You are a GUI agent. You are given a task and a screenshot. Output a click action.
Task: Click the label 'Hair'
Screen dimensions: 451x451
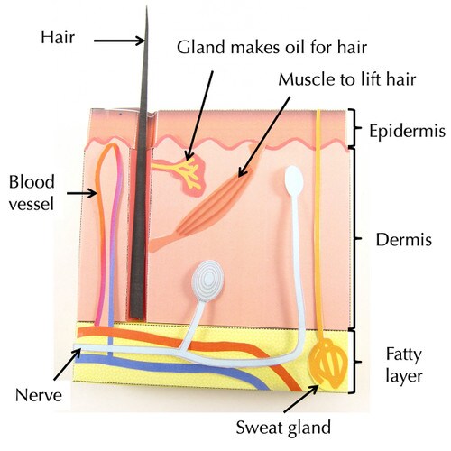pyautogui.click(x=58, y=37)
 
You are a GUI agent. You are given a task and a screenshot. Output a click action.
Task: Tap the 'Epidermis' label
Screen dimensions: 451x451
pyautogui.click(x=407, y=131)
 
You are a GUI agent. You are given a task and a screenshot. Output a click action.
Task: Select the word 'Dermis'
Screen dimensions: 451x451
pyautogui.click(x=403, y=240)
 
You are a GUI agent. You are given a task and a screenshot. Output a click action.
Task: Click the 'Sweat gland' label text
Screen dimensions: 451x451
pyautogui.click(x=283, y=428)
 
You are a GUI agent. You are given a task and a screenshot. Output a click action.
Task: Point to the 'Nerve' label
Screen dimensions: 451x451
pyautogui.click(x=39, y=395)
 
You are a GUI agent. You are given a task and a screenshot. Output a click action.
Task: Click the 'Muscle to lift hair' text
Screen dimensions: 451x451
pyautogui.click(x=347, y=79)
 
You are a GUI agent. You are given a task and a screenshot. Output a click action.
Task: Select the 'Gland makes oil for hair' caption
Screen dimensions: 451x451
pyautogui.click(x=272, y=48)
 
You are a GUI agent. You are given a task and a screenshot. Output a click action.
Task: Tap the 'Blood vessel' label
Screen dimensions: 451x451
pyautogui.click(x=32, y=193)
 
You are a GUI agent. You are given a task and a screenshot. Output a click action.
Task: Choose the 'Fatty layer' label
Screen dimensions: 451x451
pyautogui.click(x=404, y=365)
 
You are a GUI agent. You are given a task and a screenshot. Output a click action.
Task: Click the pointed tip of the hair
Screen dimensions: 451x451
pyautogui.click(x=147, y=6)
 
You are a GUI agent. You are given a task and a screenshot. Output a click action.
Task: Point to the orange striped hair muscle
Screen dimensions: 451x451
pyautogui.click(x=205, y=205)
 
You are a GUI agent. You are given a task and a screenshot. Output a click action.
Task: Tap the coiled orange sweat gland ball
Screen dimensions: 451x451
pyautogui.click(x=328, y=364)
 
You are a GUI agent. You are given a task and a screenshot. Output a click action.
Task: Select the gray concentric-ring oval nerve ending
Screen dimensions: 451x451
pyautogui.click(x=207, y=281)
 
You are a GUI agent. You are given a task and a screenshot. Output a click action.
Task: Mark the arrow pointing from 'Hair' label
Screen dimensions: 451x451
pyautogui.click(x=119, y=41)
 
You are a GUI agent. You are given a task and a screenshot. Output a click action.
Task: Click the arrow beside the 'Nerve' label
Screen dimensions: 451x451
pyautogui.click(x=68, y=364)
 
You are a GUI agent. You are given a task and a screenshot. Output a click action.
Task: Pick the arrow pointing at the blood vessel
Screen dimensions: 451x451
pyautogui.click(x=82, y=193)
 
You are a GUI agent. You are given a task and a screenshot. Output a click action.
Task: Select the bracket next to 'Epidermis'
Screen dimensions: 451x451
pyautogui.click(x=354, y=128)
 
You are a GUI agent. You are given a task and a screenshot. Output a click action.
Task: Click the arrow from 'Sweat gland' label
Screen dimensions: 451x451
pyautogui.click(x=301, y=399)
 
